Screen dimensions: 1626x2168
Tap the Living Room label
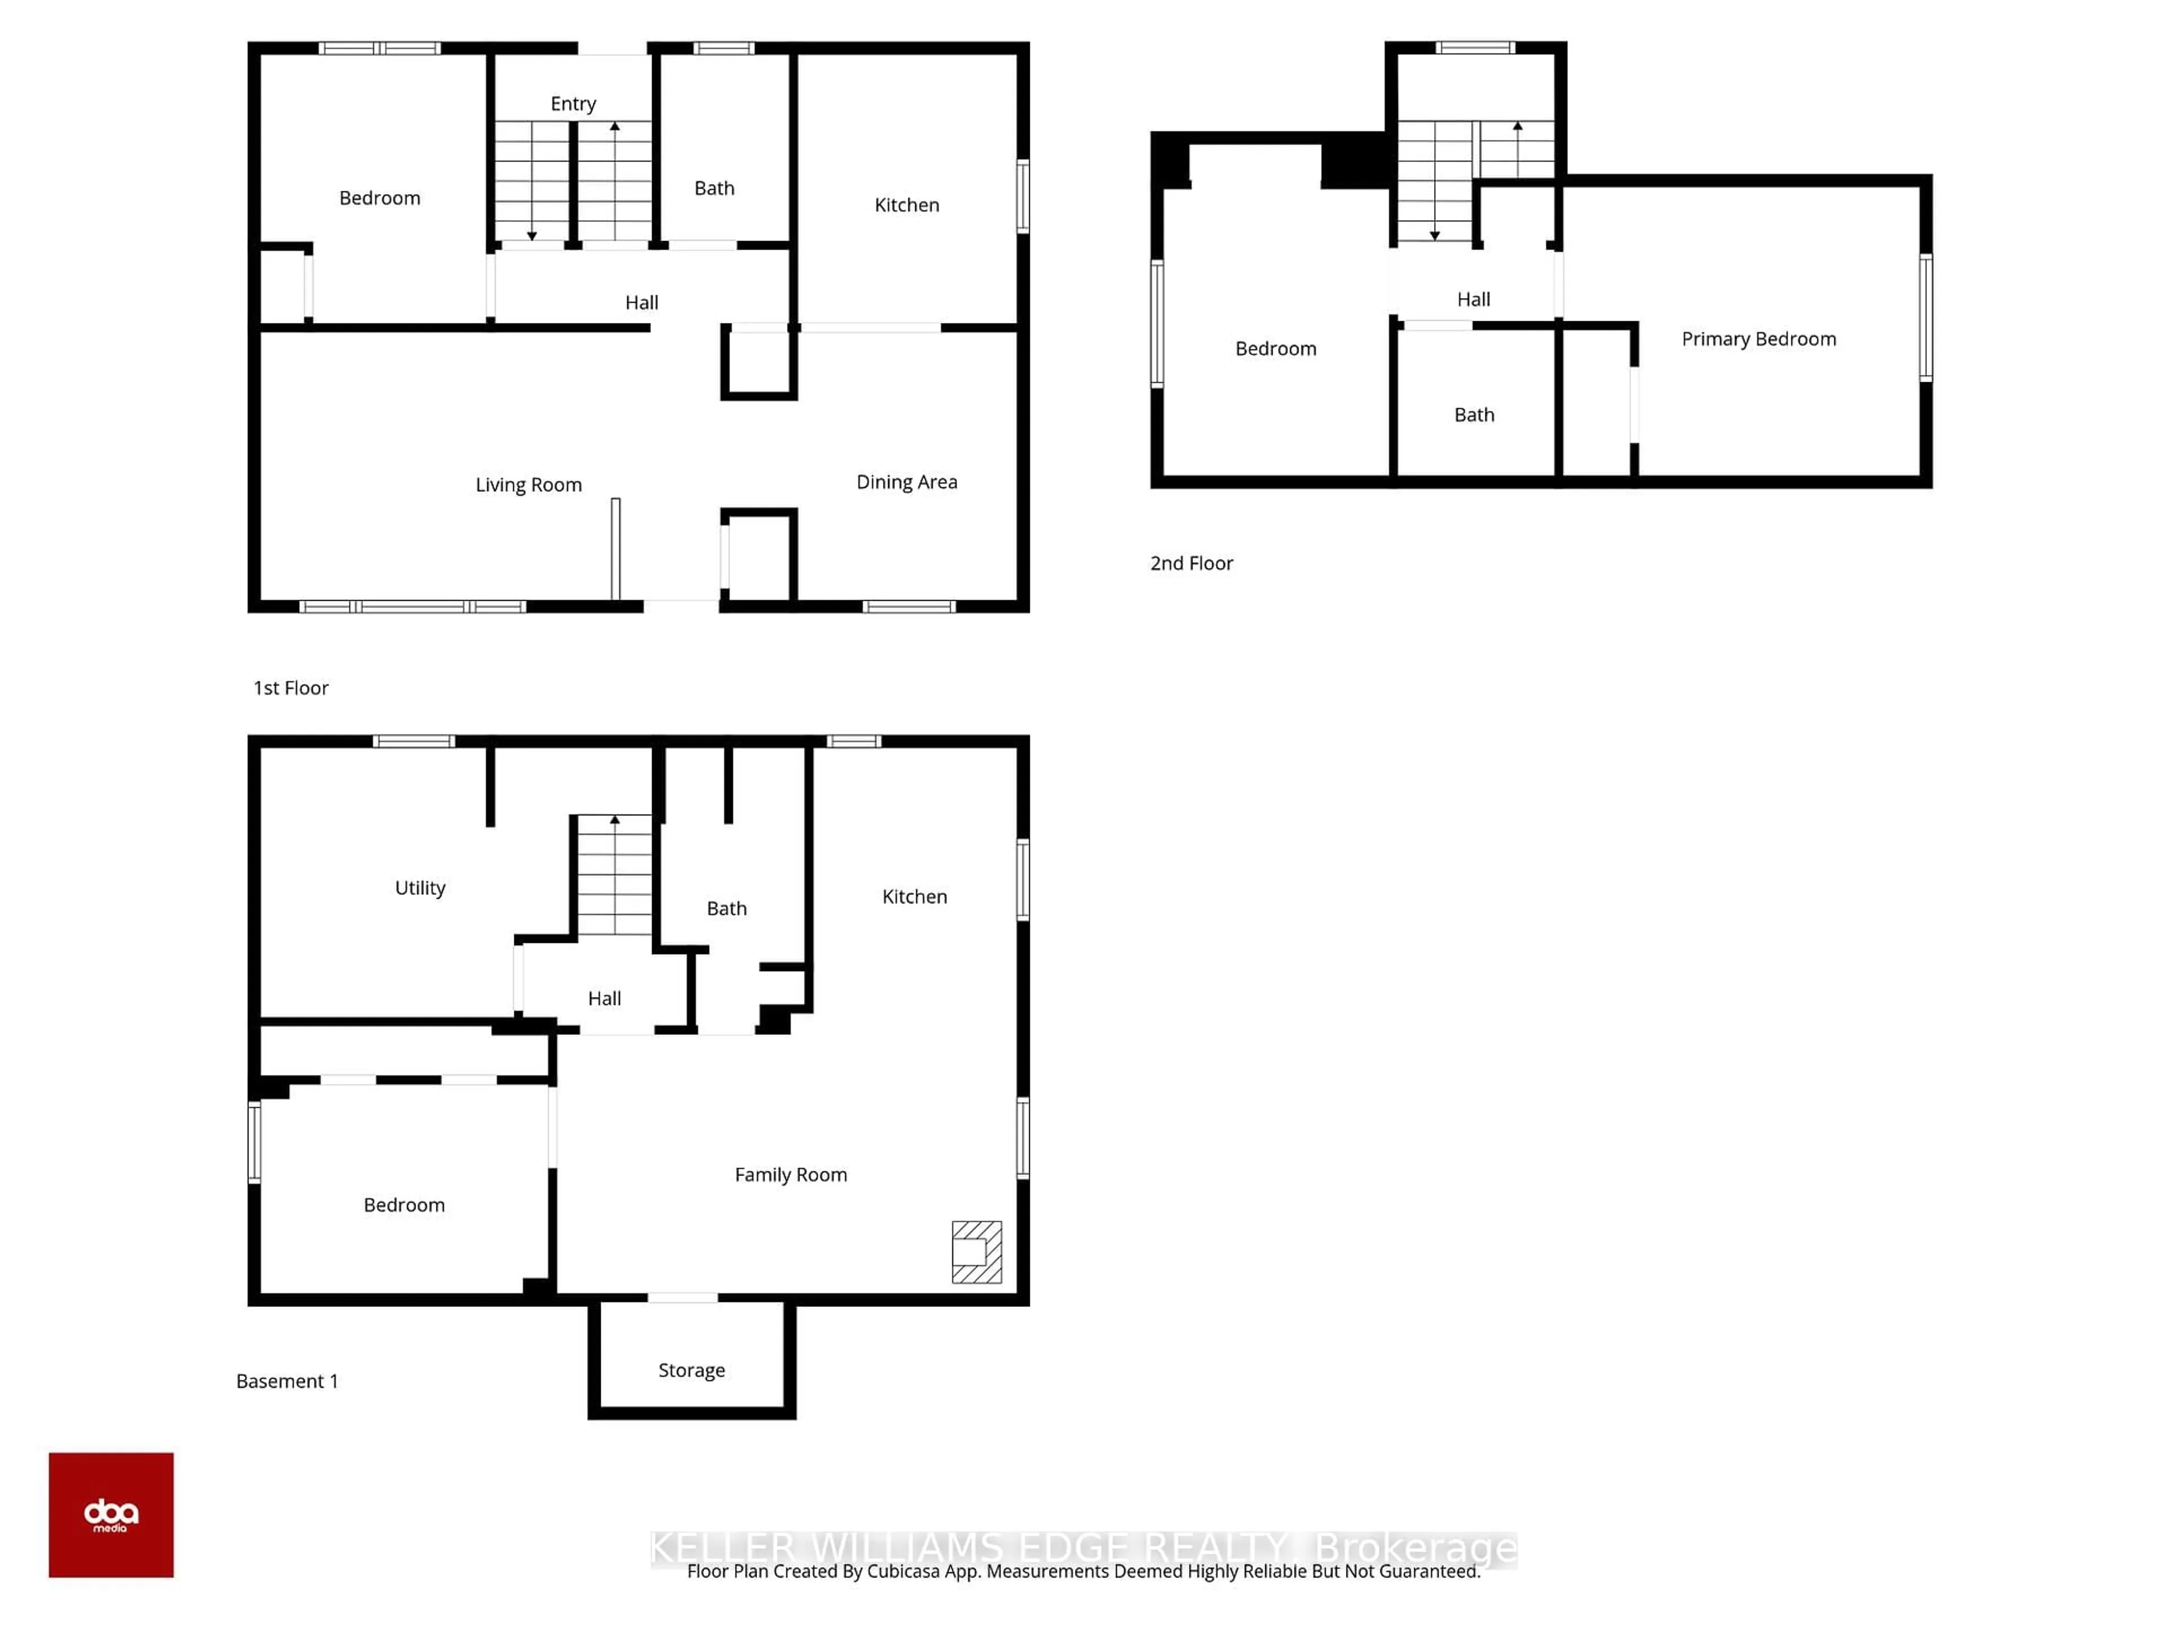coord(528,485)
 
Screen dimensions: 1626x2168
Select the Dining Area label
coord(907,482)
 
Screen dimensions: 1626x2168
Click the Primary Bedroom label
coord(1758,339)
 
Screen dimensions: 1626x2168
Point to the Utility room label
coord(419,888)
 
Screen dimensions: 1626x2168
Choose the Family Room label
coord(790,1175)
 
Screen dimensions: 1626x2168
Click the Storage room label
coord(691,1370)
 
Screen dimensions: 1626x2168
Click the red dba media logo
coord(111,1514)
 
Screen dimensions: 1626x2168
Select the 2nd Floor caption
coord(1191,563)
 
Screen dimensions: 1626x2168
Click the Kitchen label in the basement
coord(913,897)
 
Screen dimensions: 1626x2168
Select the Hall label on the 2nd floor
coord(1473,300)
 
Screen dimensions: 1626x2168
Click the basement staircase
coord(614,875)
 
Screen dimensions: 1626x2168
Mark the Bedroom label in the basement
coord(404,1205)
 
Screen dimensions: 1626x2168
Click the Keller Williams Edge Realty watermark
coord(1083,1548)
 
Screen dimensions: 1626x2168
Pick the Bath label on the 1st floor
coord(714,188)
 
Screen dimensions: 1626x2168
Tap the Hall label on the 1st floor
coord(641,303)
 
